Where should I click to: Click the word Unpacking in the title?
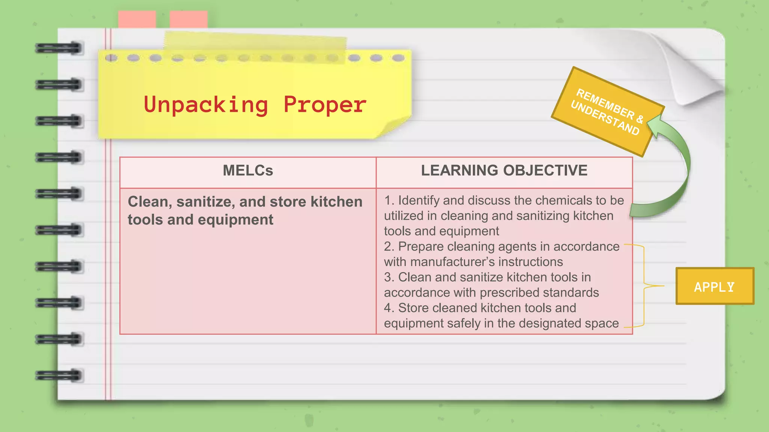coord(206,105)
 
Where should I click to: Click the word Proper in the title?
coord(325,105)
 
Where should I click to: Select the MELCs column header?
coord(248,171)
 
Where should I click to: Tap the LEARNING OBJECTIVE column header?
coord(504,171)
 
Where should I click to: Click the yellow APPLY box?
coord(715,286)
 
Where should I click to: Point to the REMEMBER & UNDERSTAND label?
coord(607,111)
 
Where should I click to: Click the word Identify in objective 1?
coord(419,200)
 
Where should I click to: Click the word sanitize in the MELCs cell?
coord(206,202)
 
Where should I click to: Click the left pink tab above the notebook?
coord(137,19)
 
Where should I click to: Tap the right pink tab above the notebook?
coord(188,19)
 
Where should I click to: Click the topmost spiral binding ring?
coord(59,48)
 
